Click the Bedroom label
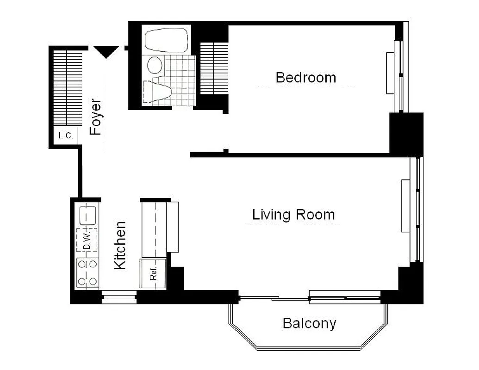(x=305, y=77)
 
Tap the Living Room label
(x=293, y=215)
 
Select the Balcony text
(x=309, y=323)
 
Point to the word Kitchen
(x=120, y=245)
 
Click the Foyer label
(x=95, y=117)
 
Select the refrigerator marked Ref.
(x=153, y=274)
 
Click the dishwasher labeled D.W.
(x=87, y=240)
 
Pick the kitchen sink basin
(x=87, y=215)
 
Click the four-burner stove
(x=87, y=273)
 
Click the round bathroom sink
(x=155, y=65)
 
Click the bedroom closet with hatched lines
(x=214, y=68)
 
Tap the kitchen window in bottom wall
(x=119, y=297)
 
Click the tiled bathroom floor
(x=181, y=79)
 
